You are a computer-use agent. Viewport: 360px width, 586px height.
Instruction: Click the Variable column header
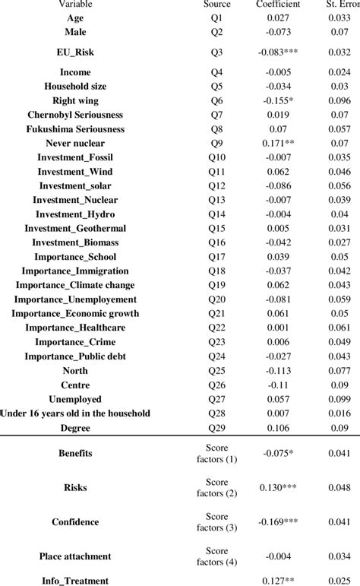point(75,5)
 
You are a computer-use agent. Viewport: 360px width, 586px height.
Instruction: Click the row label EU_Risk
point(75,52)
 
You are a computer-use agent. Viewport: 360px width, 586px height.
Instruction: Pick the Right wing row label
point(75,100)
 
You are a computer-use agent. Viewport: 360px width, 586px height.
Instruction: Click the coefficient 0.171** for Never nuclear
point(278,143)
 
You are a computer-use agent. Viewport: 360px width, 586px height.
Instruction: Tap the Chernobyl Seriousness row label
point(75,115)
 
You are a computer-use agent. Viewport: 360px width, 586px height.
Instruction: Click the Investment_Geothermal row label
point(75,228)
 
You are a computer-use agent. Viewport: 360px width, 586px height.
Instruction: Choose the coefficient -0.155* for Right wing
point(277,100)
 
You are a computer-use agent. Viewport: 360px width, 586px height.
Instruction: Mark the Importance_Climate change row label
point(75,285)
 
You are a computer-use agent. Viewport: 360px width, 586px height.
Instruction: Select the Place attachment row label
point(75,557)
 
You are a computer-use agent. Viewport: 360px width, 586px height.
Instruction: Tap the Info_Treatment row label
point(75,581)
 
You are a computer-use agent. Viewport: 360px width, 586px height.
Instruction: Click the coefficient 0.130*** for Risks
point(277,487)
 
